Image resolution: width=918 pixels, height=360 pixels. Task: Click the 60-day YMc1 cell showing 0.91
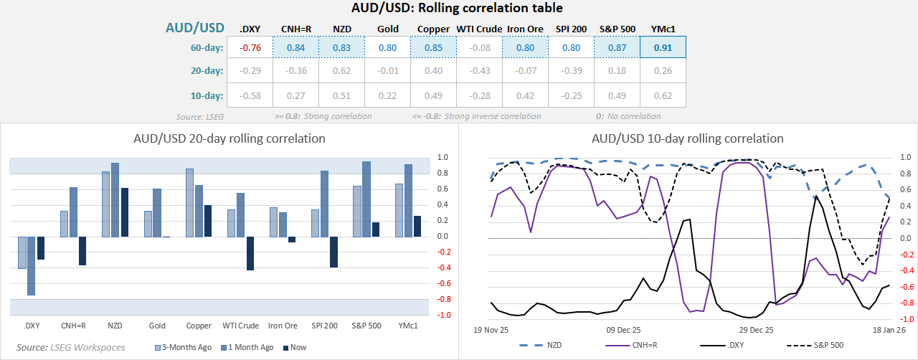coord(663,48)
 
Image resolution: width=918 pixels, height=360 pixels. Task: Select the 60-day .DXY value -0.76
coord(250,48)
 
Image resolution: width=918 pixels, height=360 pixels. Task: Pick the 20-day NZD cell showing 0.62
coord(341,71)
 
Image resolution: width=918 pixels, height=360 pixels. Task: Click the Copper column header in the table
coord(433,29)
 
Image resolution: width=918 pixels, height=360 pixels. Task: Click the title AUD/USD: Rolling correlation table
coord(458,9)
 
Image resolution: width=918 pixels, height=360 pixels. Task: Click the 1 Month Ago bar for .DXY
coord(31,265)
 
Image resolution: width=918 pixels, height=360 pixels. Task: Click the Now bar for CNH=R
coord(82,251)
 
